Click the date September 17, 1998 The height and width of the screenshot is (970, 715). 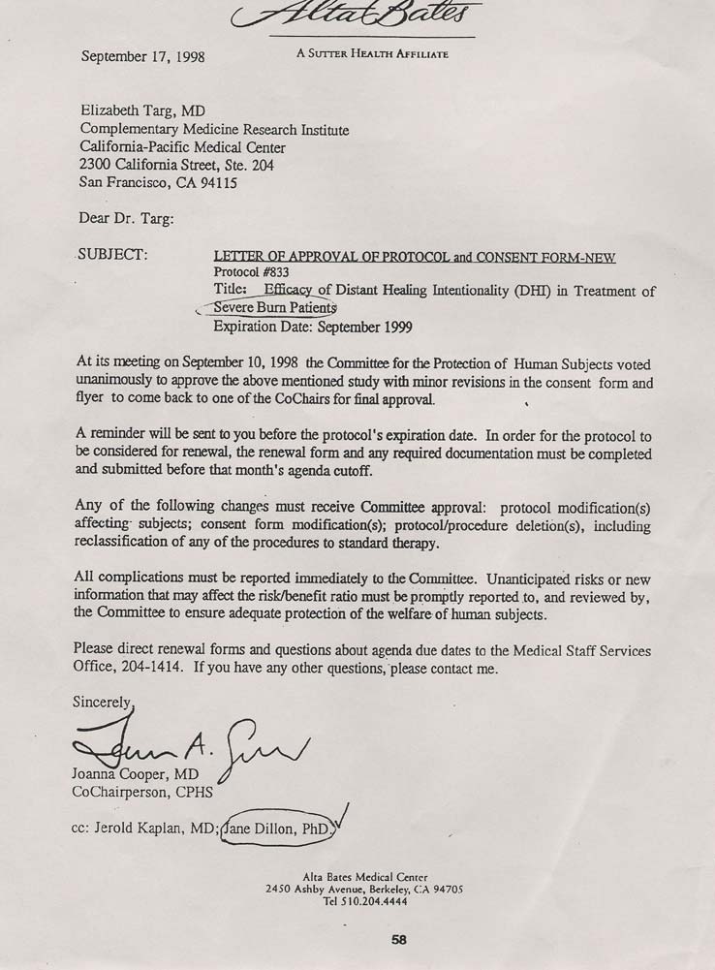point(142,56)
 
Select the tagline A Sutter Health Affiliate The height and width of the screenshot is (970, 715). point(372,54)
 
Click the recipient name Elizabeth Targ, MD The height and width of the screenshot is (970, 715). point(149,111)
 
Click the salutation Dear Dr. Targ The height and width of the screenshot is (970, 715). point(126,219)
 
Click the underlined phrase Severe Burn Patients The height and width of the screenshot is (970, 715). point(274,308)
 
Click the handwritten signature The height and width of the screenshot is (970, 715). point(194,746)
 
